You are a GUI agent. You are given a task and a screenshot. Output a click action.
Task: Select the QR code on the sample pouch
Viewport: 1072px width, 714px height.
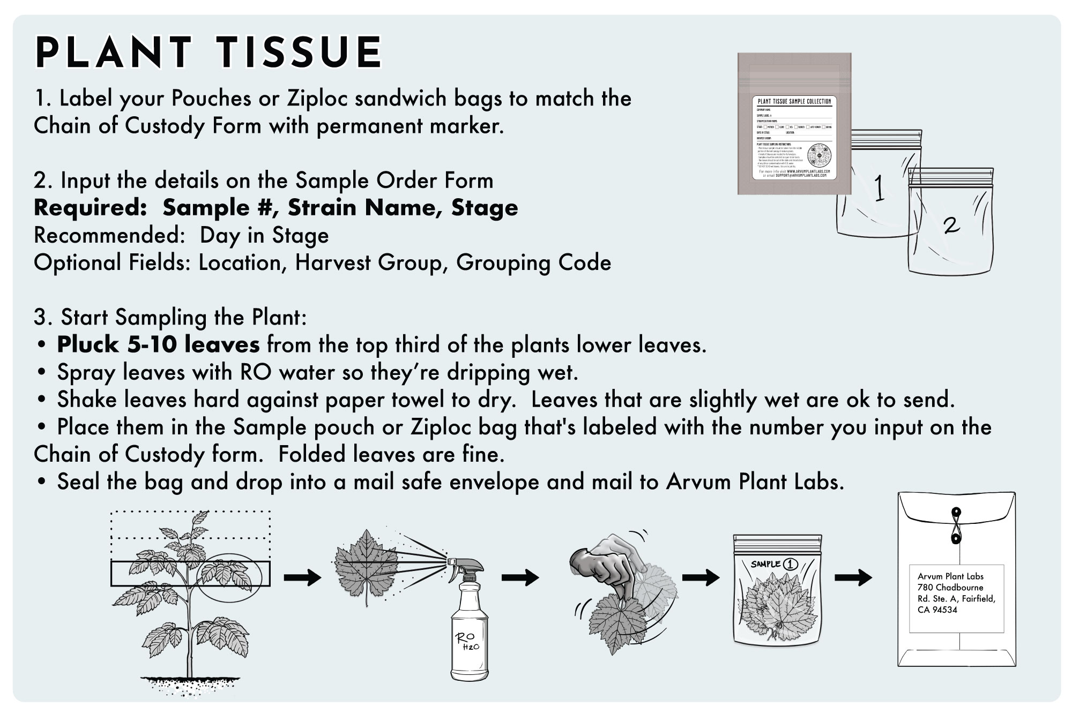click(x=818, y=155)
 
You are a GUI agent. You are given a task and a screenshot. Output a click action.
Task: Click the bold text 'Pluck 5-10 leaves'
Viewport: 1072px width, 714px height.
click(x=159, y=345)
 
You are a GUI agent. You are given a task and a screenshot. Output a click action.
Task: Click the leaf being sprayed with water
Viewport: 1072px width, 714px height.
click(x=366, y=566)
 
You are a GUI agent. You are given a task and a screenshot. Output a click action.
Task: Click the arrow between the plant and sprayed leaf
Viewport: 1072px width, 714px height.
click(x=302, y=577)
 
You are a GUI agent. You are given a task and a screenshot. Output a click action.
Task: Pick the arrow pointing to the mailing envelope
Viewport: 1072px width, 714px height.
click(x=853, y=577)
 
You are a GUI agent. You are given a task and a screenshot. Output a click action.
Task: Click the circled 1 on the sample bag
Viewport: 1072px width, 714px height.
click(x=791, y=563)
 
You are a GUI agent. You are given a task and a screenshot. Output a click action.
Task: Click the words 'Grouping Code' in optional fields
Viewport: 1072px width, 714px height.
click(x=533, y=263)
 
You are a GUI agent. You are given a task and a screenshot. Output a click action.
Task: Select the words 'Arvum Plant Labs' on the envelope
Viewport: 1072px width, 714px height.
click(x=950, y=576)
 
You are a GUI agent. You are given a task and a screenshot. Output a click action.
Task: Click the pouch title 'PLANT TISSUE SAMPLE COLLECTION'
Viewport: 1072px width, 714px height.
click(x=794, y=101)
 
